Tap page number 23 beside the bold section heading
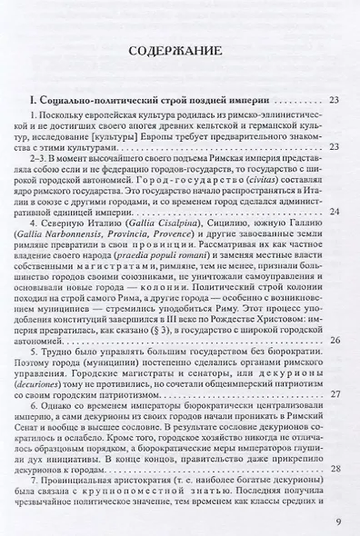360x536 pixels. click(335, 99)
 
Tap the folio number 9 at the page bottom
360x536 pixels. click(337, 521)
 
